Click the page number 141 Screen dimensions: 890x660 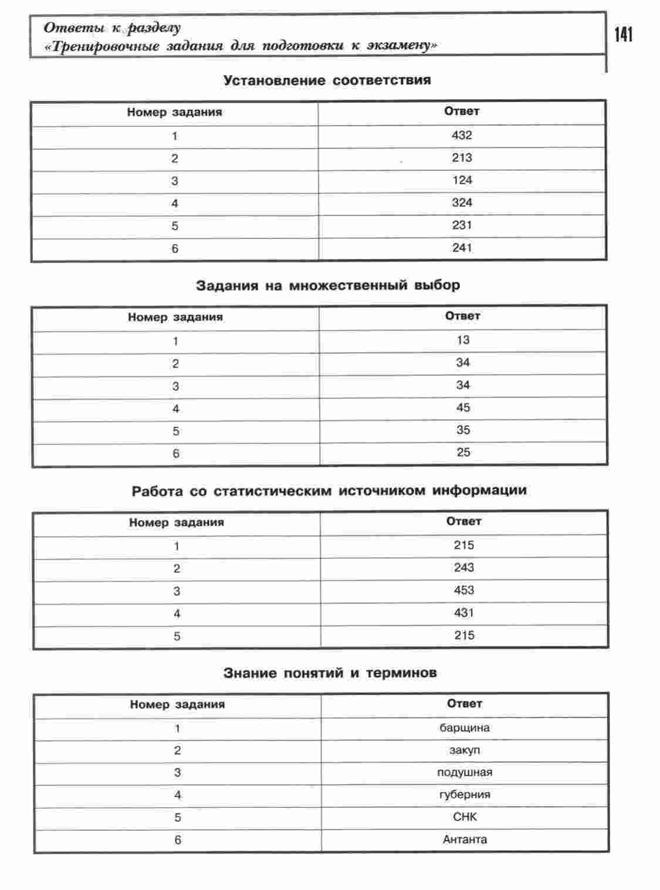(x=624, y=35)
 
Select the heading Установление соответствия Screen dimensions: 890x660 (x=327, y=80)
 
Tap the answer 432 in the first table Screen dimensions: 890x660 (x=462, y=135)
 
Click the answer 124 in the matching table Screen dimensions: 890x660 (x=462, y=180)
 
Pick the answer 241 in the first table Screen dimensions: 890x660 (x=462, y=248)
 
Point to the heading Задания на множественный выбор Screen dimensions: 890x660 (x=328, y=286)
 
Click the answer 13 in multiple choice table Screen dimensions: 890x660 (x=463, y=340)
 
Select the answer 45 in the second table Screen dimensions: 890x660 (x=463, y=407)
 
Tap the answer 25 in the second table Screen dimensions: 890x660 (x=463, y=453)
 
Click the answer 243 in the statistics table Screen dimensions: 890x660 (x=463, y=568)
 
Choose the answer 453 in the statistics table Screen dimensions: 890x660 (x=463, y=590)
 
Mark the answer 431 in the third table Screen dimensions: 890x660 (x=463, y=613)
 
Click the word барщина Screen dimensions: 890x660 (x=465, y=728)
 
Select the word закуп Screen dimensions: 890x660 (x=465, y=750)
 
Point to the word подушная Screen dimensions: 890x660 (x=465, y=773)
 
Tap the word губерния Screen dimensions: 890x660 (x=465, y=795)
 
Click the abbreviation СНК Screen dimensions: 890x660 (x=465, y=817)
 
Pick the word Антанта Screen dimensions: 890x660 (x=465, y=840)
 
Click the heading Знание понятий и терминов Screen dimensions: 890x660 (x=330, y=673)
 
